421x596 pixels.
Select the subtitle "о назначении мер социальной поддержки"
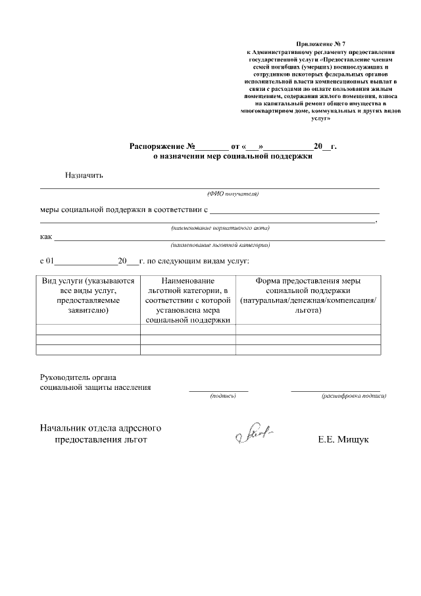click(x=228, y=157)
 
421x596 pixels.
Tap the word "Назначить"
click(x=84, y=175)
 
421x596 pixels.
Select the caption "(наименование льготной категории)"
click(x=220, y=244)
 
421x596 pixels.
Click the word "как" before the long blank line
click(x=46, y=236)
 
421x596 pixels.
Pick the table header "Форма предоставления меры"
click(x=308, y=281)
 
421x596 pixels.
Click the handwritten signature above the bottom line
click(x=253, y=434)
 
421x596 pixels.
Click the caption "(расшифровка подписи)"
click(x=353, y=396)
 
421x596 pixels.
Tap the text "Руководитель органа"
click(x=78, y=377)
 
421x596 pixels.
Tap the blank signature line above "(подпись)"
click(x=218, y=391)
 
